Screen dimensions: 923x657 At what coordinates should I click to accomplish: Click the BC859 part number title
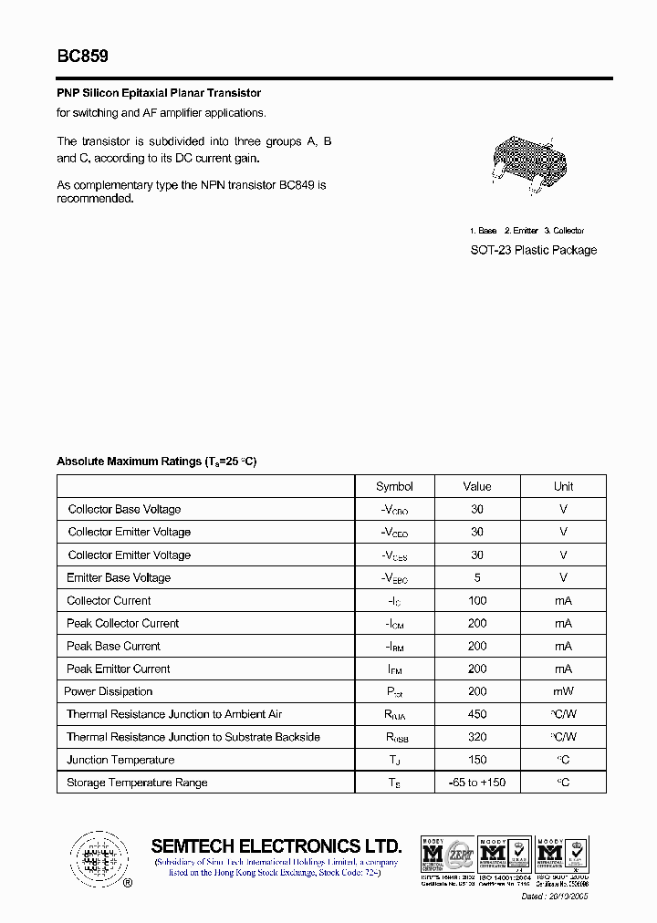tap(83, 57)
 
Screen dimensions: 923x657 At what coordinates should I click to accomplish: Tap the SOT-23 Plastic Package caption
tap(533, 250)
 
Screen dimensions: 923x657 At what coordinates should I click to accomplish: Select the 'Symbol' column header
tap(394, 486)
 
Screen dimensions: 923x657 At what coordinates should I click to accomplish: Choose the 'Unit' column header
tap(563, 486)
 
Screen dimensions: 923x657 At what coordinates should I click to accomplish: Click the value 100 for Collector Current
tap(476, 600)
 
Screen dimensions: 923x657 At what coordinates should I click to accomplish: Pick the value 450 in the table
tap(476, 714)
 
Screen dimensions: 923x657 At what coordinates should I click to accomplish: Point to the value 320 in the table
tap(476, 737)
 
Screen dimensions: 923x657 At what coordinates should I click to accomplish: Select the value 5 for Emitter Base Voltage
tap(476, 577)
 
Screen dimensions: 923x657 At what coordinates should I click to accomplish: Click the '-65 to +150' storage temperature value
tap(476, 783)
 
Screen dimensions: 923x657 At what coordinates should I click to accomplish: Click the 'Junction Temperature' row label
tap(120, 760)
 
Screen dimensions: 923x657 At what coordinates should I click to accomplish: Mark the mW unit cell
tap(563, 691)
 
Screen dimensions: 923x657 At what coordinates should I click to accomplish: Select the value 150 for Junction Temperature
tap(476, 760)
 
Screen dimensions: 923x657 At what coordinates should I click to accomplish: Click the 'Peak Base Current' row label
tap(113, 646)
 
